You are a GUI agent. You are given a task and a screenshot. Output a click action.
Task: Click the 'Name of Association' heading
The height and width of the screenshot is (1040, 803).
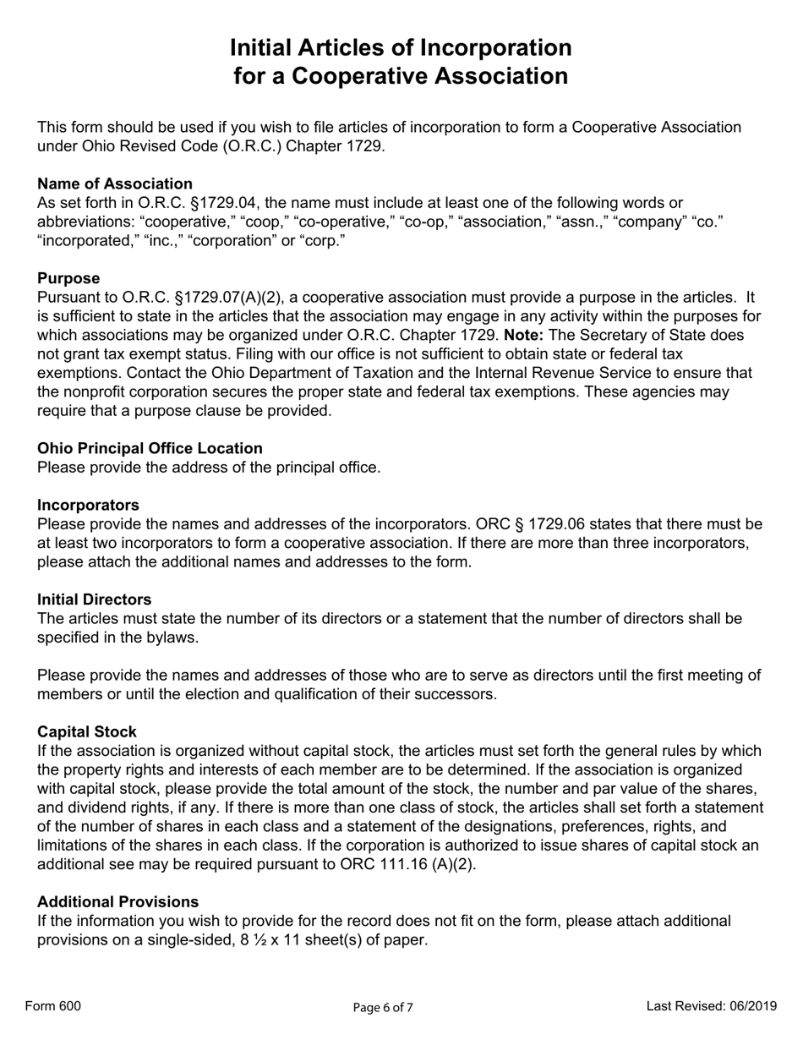coord(115,183)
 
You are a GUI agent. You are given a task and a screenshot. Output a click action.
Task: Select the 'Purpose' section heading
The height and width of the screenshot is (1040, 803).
coord(68,278)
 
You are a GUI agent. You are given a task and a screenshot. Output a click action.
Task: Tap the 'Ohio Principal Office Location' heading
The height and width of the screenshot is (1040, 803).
coord(150,448)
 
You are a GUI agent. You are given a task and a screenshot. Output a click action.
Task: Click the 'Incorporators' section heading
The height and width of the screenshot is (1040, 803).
coord(88,505)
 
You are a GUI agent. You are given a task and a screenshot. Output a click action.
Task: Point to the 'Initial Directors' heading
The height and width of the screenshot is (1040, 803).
coord(95,599)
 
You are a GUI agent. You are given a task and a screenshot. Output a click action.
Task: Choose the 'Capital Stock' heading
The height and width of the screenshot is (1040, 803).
coord(87,731)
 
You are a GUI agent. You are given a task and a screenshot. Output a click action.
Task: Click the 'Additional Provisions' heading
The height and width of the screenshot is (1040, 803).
coord(118,901)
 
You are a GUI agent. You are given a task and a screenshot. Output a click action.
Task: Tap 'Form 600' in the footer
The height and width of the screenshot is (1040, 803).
coord(53,1005)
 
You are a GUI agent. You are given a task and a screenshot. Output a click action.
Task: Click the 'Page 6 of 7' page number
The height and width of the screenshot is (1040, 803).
coord(383,1007)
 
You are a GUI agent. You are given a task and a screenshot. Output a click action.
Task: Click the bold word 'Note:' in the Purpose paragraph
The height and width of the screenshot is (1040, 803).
coord(524,335)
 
